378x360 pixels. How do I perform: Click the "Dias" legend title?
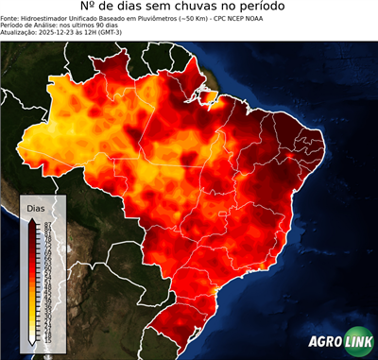tap(35, 208)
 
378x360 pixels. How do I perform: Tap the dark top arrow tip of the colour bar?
tap(33, 221)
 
